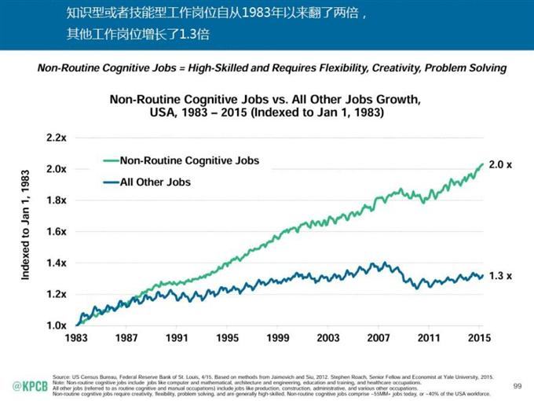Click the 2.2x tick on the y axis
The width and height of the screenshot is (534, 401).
(56, 138)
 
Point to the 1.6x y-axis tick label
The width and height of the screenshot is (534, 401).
(56, 231)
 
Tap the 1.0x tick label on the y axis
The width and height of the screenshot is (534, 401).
(56, 325)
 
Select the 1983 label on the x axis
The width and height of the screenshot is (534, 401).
(77, 340)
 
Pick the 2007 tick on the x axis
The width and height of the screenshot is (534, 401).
(379, 340)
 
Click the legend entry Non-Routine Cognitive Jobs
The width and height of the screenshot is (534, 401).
(188, 161)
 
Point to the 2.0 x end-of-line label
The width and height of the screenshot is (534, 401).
(500, 167)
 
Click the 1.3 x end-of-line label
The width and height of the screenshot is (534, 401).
(500, 276)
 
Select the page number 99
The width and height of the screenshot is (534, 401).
(517, 385)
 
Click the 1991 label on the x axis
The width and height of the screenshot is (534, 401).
(177, 340)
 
